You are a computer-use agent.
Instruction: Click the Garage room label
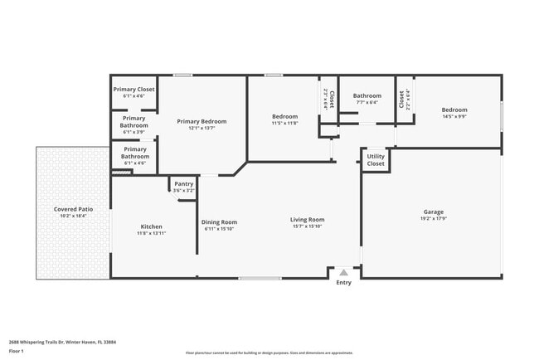434,212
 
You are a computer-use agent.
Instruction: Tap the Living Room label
307,220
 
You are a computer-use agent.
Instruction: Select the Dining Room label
220,221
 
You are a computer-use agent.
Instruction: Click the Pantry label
183,183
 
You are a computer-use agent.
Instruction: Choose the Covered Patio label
74,209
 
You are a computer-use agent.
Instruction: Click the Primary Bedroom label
202,121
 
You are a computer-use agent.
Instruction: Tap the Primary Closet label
134,89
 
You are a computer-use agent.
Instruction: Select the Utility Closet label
376,159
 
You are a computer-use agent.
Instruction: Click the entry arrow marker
343,272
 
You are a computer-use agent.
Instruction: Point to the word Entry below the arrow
343,283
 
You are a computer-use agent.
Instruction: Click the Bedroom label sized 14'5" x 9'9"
454,109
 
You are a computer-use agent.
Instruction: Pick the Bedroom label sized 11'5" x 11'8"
284,116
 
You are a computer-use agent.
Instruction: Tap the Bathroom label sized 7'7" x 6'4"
367,95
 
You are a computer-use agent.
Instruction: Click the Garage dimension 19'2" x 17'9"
434,219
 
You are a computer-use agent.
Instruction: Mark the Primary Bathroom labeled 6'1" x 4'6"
134,155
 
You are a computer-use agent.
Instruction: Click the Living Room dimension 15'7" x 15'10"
307,227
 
